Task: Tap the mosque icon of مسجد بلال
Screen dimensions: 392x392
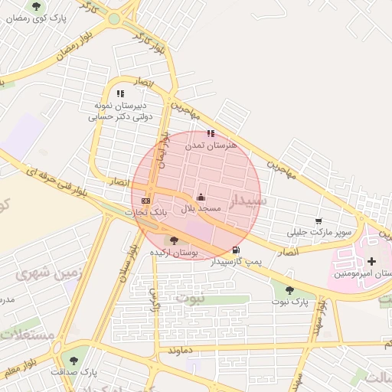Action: (201, 196)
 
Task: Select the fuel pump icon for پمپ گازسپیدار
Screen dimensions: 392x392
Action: (235, 250)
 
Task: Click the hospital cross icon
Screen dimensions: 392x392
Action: (372, 262)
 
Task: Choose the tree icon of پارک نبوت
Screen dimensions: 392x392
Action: (289, 289)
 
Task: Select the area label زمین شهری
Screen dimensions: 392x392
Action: (41, 272)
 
